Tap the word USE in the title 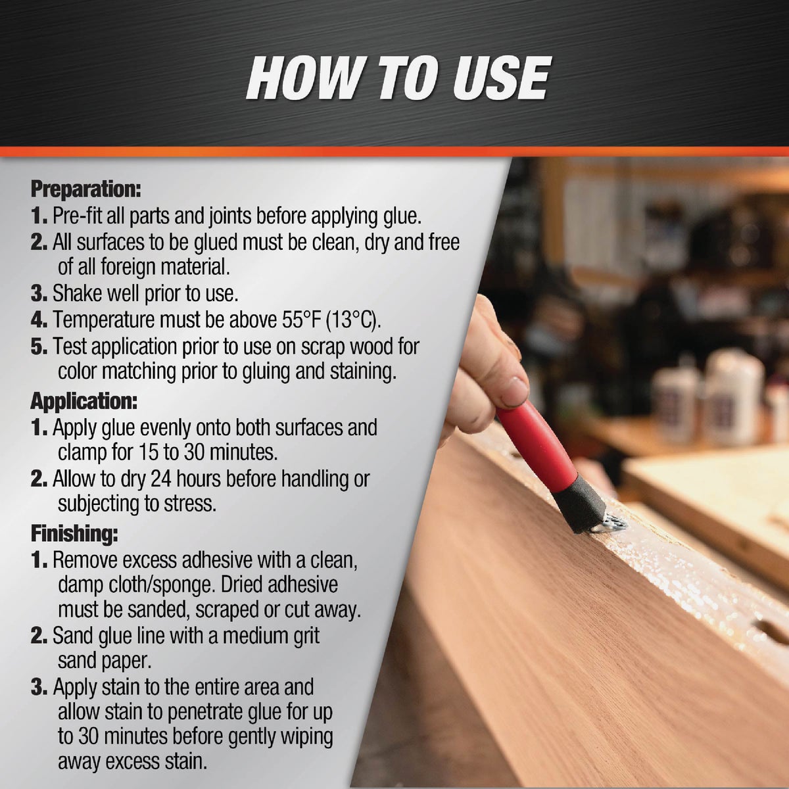(x=495, y=78)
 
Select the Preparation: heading (x=86, y=189)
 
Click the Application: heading (x=84, y=400)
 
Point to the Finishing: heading (x=75, y=533)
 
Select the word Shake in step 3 (x=77, y=293)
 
